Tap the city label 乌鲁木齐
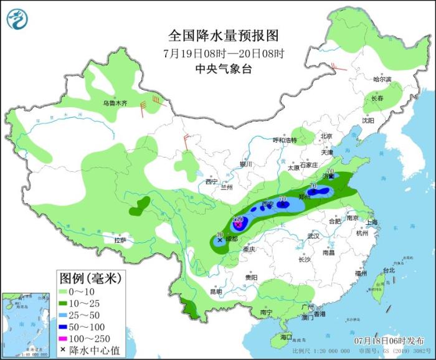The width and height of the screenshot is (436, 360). click(x=115, y=103)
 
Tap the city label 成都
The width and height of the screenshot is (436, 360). click(x=232, y=239)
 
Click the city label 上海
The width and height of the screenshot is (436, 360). click(x=372, y=222)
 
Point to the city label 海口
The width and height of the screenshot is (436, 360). click(x=286, y=337)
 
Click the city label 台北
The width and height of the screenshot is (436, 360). click(x=389, y=270)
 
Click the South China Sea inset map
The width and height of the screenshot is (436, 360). click(x=25, y=324)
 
